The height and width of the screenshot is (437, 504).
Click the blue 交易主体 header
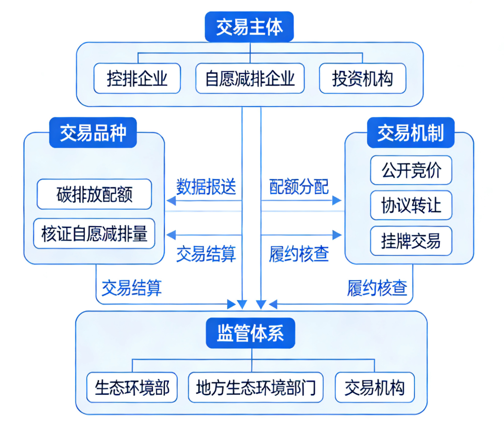250,27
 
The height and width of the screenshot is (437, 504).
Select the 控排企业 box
137,78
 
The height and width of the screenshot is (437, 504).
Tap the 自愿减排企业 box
250,78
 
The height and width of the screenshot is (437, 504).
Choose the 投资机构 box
362,78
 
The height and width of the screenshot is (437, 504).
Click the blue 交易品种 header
93,133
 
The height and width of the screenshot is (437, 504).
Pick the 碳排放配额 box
94,194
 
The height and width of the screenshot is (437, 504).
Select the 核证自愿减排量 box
94,233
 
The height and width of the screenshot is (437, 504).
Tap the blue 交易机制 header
410,133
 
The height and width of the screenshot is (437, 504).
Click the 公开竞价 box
411,170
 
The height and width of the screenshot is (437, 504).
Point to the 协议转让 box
411,205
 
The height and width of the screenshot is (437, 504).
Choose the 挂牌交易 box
411,241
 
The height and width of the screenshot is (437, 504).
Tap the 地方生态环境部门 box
255,387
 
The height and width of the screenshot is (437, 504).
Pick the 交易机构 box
374,387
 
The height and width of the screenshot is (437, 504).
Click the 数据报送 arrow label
206,187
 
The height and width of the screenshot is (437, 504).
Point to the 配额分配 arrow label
299,187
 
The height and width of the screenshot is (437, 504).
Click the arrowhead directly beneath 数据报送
170,201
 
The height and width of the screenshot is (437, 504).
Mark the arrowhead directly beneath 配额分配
338,201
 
